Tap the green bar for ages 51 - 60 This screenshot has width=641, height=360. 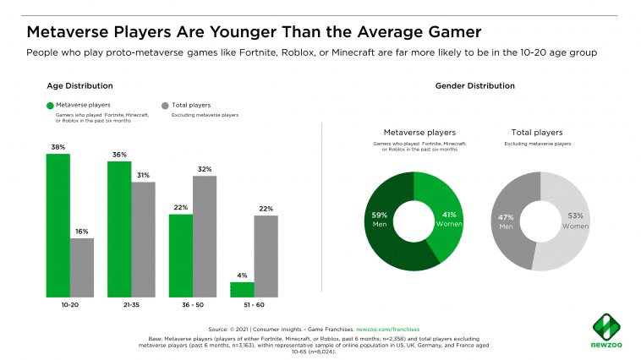point(242,289)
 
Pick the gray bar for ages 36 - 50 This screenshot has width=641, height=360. point(205,236)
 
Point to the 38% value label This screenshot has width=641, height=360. point(58,147)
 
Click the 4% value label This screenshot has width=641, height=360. point(242,275)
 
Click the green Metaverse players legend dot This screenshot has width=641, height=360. point(51,106)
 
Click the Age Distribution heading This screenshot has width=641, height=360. point(79,86)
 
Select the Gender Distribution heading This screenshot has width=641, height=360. point(474,86)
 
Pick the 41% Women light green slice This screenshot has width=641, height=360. point(447,219)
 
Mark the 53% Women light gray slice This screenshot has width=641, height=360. point(572,221)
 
